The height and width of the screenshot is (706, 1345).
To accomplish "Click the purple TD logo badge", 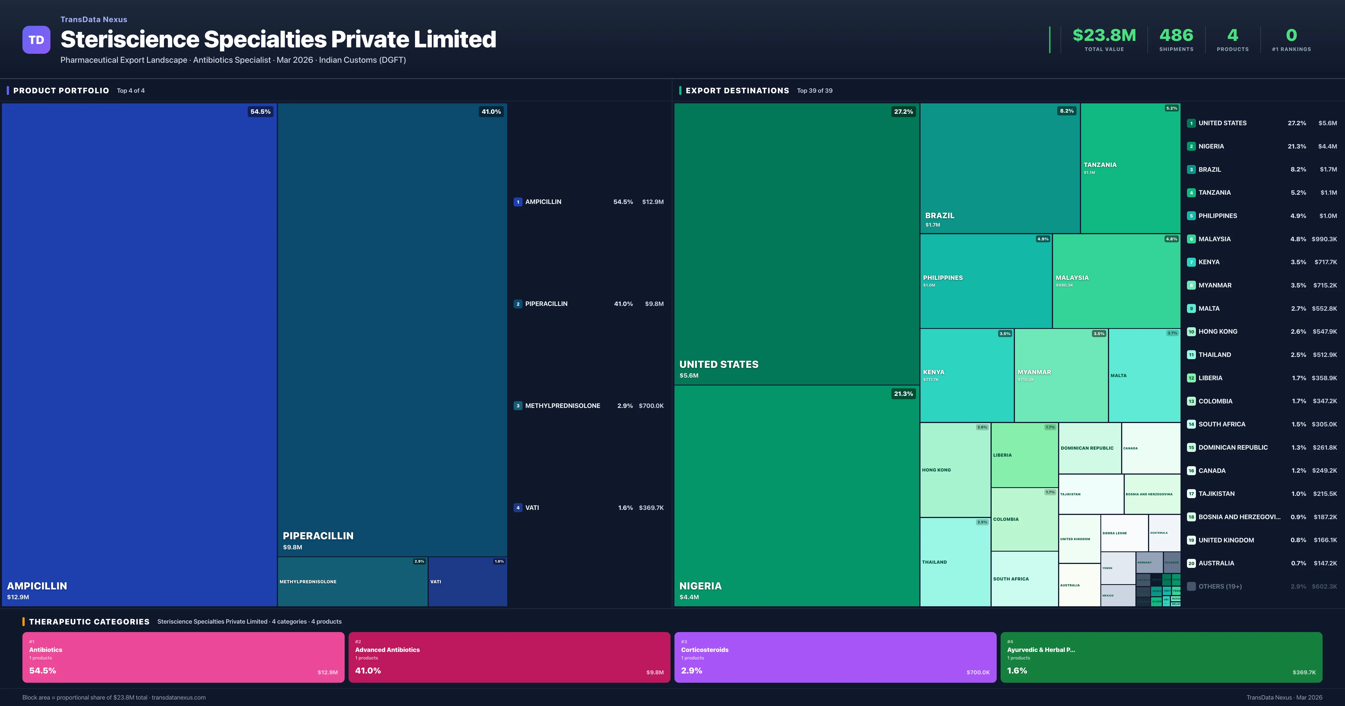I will point(36,40).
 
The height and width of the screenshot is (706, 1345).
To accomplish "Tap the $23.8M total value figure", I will point(1104,35).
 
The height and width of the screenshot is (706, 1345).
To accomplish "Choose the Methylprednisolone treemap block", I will point(353,582).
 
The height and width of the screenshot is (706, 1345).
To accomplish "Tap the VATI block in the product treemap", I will point(467,582).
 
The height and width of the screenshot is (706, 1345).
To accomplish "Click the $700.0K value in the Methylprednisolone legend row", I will point(651,406).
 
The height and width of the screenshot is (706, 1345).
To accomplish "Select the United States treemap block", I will point(796,244).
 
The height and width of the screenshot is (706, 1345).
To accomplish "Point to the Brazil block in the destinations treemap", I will point(999,168).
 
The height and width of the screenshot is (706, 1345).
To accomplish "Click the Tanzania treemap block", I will point(1130,168).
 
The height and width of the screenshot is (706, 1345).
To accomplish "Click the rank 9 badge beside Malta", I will point(1191,309).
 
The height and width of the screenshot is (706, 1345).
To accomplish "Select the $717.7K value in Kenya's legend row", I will point(1325,262).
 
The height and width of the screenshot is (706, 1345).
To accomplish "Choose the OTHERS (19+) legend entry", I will point(1220,586).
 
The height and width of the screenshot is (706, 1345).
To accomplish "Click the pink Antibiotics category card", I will point(183,657).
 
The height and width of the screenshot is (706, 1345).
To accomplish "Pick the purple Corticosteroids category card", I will point(835,657).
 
